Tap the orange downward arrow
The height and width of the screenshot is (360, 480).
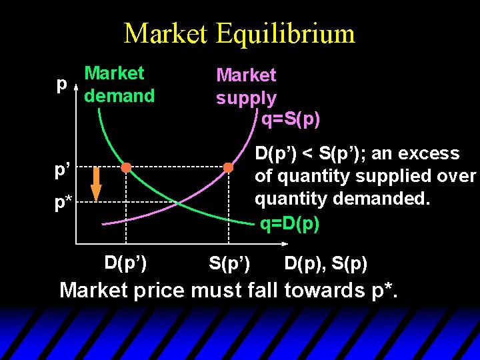96,185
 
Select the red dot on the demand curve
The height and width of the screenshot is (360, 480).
126,167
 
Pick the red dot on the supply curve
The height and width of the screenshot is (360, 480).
228,167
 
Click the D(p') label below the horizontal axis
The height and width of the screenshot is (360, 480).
126,261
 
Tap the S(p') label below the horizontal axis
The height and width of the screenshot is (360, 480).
229,264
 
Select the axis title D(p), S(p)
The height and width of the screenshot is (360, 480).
325,264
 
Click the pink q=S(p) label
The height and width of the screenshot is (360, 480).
290,119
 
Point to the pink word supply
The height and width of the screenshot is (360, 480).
246,99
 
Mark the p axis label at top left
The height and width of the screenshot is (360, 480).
62,85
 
